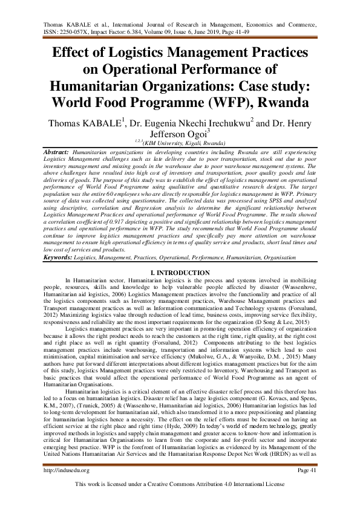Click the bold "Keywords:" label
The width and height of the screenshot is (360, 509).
(59, 258)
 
